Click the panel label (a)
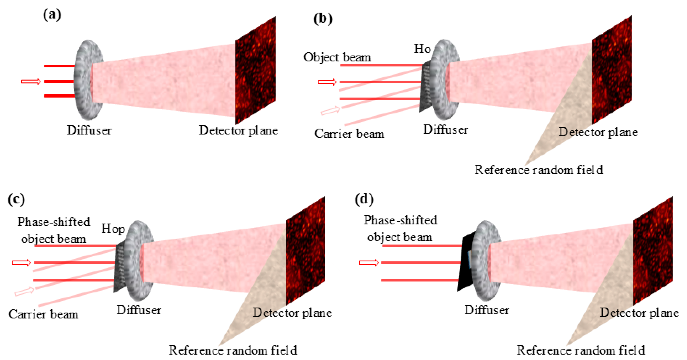tap(52, 15)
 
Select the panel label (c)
tap(17, 199)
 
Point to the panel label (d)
tap(364, 199)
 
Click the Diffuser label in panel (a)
tap(89, 130)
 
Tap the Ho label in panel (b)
tap(422, 49)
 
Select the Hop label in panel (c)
tap(113, 229)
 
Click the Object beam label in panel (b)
tap(337, 57)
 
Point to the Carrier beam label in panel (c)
tap(43, 314)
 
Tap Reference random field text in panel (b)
tap(539, 170)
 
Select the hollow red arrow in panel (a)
tap(31, 81)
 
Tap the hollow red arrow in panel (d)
tap(369, 263)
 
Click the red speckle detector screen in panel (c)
tap(305, 251)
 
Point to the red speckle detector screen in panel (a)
tap(255, 71)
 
